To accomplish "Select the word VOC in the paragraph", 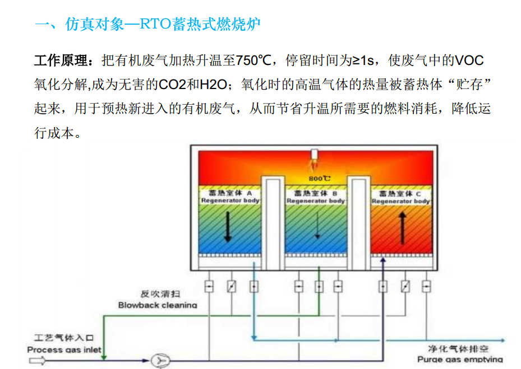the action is [x=468, y=60].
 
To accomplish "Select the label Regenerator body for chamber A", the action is [x=230, y=200].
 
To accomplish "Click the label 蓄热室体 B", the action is [x=315, y=193].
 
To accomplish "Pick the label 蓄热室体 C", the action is [x=400, y=194].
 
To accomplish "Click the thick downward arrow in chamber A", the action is [x=228, y=226].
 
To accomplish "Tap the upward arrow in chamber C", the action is [x=402, y=226].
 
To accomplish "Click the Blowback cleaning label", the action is [x=158, y=305].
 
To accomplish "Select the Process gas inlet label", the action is [x=64, y=350].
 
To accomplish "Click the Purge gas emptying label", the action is [x=460, y=359].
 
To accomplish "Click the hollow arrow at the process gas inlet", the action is [x=38, y=361].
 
